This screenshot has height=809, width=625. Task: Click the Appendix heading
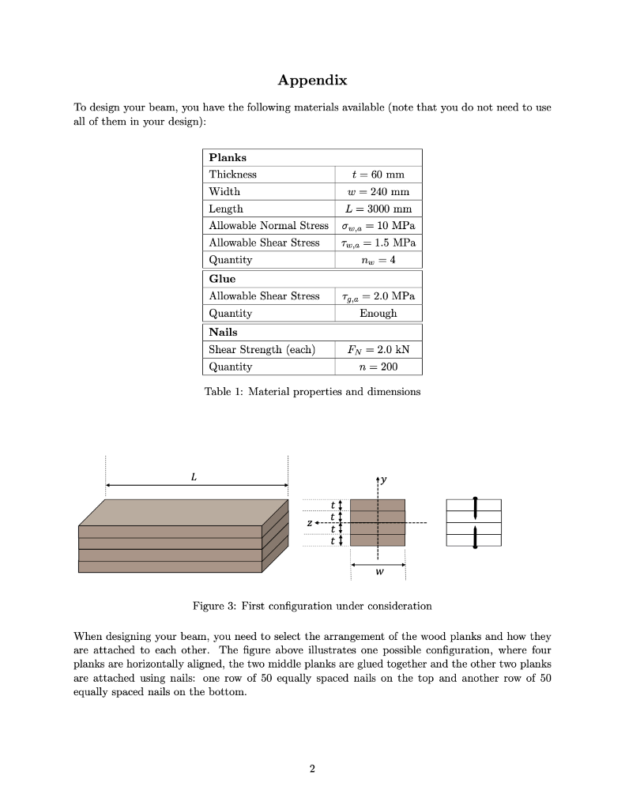(x=312, y=81)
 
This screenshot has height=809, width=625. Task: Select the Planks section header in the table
(x=228, y=157)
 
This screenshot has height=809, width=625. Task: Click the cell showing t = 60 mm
(x=377, y=174)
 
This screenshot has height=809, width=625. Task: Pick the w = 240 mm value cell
(x=377, y=191)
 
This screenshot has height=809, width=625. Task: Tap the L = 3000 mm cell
(x=377, y=209)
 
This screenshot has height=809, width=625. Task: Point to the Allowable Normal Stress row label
(x=268, y=226)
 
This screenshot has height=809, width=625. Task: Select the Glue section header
(x=222, y=279)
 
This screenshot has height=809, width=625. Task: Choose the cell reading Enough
(x=377, y=313)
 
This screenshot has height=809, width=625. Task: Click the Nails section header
(x=223, y=332)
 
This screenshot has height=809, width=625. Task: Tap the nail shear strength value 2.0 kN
(x=377, y=349)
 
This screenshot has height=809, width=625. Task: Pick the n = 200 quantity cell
(x=377, y=367)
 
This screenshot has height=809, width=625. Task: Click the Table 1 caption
(x=312, y=391)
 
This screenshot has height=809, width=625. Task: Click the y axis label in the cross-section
(x=384, y=480)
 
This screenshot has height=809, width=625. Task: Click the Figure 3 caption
(x=312, y=606)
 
